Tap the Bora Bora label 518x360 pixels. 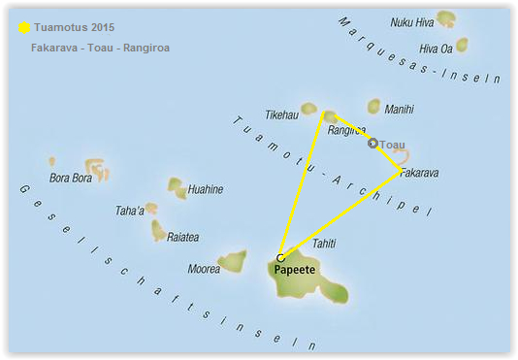(x=69, y=179)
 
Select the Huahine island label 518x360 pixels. (x=205, y=190)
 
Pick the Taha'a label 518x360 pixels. (x=129, y=210)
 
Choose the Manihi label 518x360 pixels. (x=399, y=110)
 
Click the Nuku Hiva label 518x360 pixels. (x=411, y=21)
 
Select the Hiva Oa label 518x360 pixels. (x=434, y=48)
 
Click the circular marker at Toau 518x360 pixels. (x=372, y=144)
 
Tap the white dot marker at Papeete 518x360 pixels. (x=280, y=257)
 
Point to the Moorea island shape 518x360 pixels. (x=232, y=261)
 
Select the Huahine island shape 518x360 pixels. (x=176, y=184)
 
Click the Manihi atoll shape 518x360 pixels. (x=374, y=107)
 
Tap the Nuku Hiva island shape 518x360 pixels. (x=446, y=17)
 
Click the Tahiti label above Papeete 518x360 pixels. (x=325, y=244)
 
